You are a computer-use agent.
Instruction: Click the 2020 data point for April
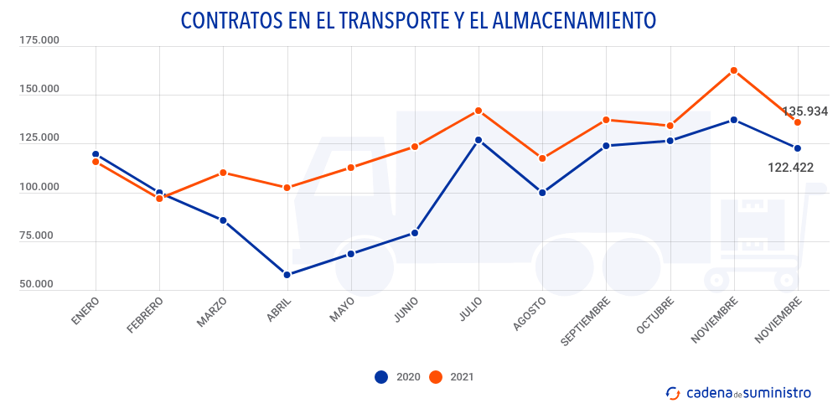click(x=287, y=275)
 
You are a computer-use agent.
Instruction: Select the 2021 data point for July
click(x=478, y=111)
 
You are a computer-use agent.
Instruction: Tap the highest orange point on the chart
click(x=734, y=70)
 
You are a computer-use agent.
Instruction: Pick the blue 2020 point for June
click(x=415, y=233)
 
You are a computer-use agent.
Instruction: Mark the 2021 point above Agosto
click(x=542, y=158)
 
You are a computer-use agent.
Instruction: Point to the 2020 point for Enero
click(x=96, y=154)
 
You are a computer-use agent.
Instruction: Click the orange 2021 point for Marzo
click(x=223, y=173)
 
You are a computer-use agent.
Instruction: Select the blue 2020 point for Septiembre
click(x=606, y=146)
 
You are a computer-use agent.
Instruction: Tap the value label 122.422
click(x=790, y=168)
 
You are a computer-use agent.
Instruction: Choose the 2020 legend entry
click(x=398, y=377)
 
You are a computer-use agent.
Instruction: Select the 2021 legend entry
click(x=452, y=377)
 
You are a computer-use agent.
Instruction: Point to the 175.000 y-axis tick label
click(x=39, y=40)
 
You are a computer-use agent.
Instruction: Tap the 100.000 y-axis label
click(x=39, y=187)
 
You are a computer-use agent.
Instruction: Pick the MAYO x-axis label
click(x=342, y=308)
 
